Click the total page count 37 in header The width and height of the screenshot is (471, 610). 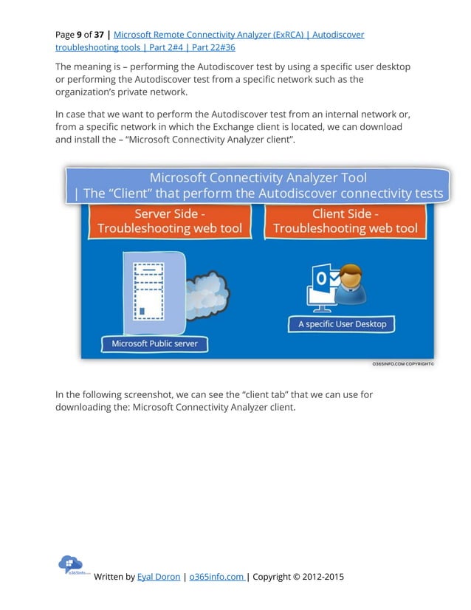99,35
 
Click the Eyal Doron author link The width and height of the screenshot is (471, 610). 159,577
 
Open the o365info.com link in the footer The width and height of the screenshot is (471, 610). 216,577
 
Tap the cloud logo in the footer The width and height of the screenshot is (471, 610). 71,564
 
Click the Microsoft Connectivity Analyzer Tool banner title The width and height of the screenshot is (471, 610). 258,178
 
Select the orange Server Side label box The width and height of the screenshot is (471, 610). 170,221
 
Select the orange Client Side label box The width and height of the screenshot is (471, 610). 345,221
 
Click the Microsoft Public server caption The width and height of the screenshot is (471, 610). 154,343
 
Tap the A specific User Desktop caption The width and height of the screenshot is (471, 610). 342,323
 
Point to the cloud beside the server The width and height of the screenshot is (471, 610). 208,292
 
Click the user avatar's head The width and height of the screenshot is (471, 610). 351,276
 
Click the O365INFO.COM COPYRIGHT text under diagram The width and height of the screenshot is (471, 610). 402,364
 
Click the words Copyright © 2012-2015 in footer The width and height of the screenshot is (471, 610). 298,577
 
